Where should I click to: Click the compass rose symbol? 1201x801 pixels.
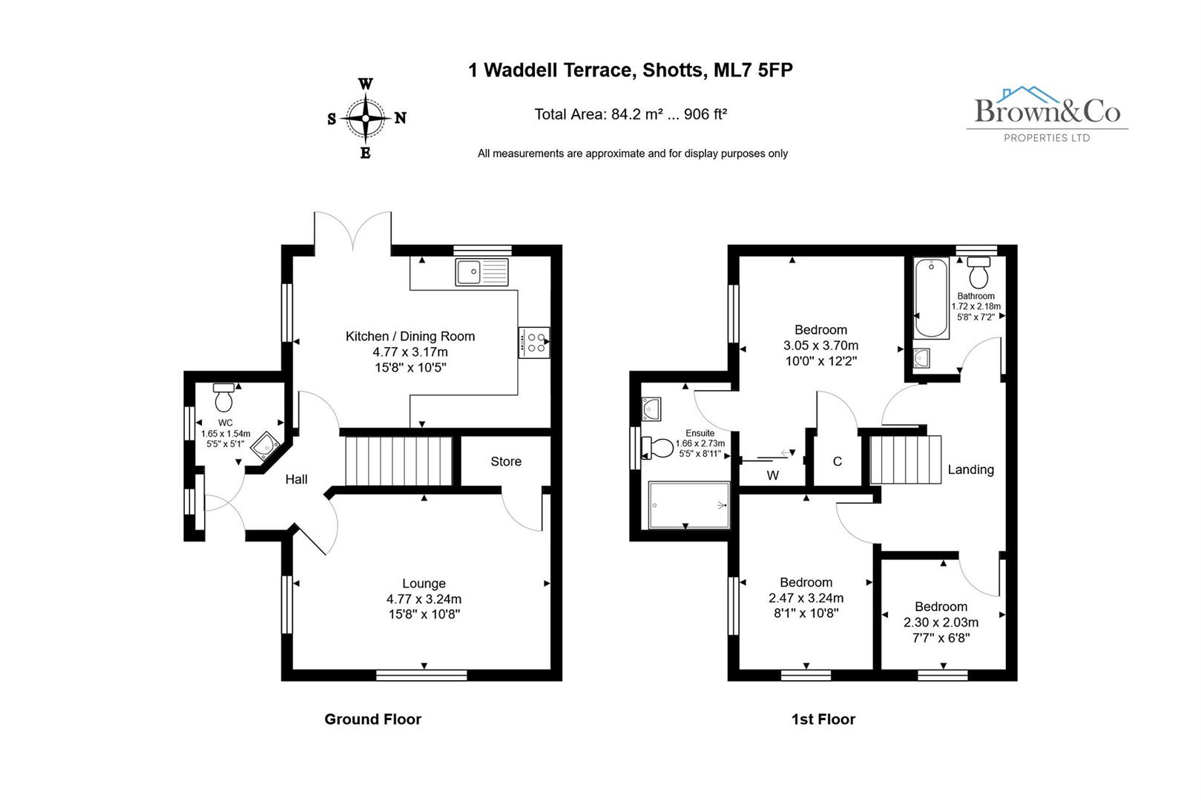point(366,118)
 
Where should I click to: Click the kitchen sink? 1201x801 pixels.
point(482,272)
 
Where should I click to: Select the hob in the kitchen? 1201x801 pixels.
point(534,342)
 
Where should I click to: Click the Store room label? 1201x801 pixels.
point(506,461)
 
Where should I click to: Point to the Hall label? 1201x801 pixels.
point(296,479)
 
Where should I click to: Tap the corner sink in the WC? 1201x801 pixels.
point(265,447)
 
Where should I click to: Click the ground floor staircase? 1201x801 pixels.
point(399,461)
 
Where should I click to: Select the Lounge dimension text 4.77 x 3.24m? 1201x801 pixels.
point(424,599)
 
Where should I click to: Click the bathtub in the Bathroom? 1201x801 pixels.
point(930,297)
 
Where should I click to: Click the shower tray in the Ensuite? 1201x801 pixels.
point(689,505)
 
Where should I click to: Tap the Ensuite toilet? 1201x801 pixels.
point(658,447)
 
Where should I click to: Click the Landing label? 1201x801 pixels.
point(970,469)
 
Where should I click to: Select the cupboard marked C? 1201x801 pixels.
point(837,461)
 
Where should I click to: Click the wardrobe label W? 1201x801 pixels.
point(772,475)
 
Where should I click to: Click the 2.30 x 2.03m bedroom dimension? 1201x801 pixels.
point(941,622)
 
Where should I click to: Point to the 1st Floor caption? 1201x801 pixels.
point(823,719)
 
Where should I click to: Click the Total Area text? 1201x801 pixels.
point(631,114)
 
